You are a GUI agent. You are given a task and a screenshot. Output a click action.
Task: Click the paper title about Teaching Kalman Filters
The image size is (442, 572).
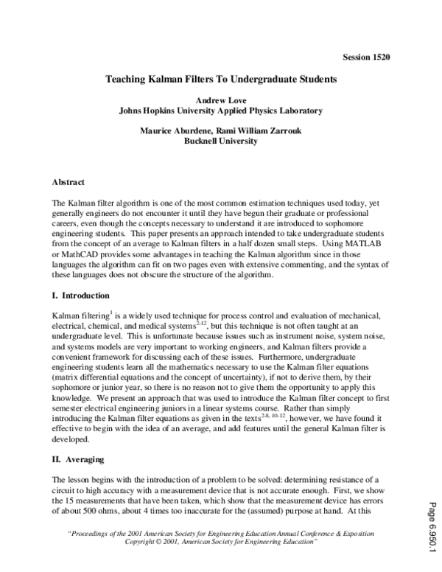[x=221, y=77]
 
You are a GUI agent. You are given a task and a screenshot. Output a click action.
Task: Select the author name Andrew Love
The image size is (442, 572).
[x=221, y=99]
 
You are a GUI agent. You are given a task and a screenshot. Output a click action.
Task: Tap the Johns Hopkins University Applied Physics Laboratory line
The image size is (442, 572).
[x=221, y=111]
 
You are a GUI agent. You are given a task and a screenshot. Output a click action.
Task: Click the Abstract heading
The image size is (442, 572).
[x=69, y=181]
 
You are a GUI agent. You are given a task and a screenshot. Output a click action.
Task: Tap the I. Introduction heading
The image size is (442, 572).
[x=80, y=294]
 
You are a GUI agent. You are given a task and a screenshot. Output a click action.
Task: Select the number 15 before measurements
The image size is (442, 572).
[x=71, y=500]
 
